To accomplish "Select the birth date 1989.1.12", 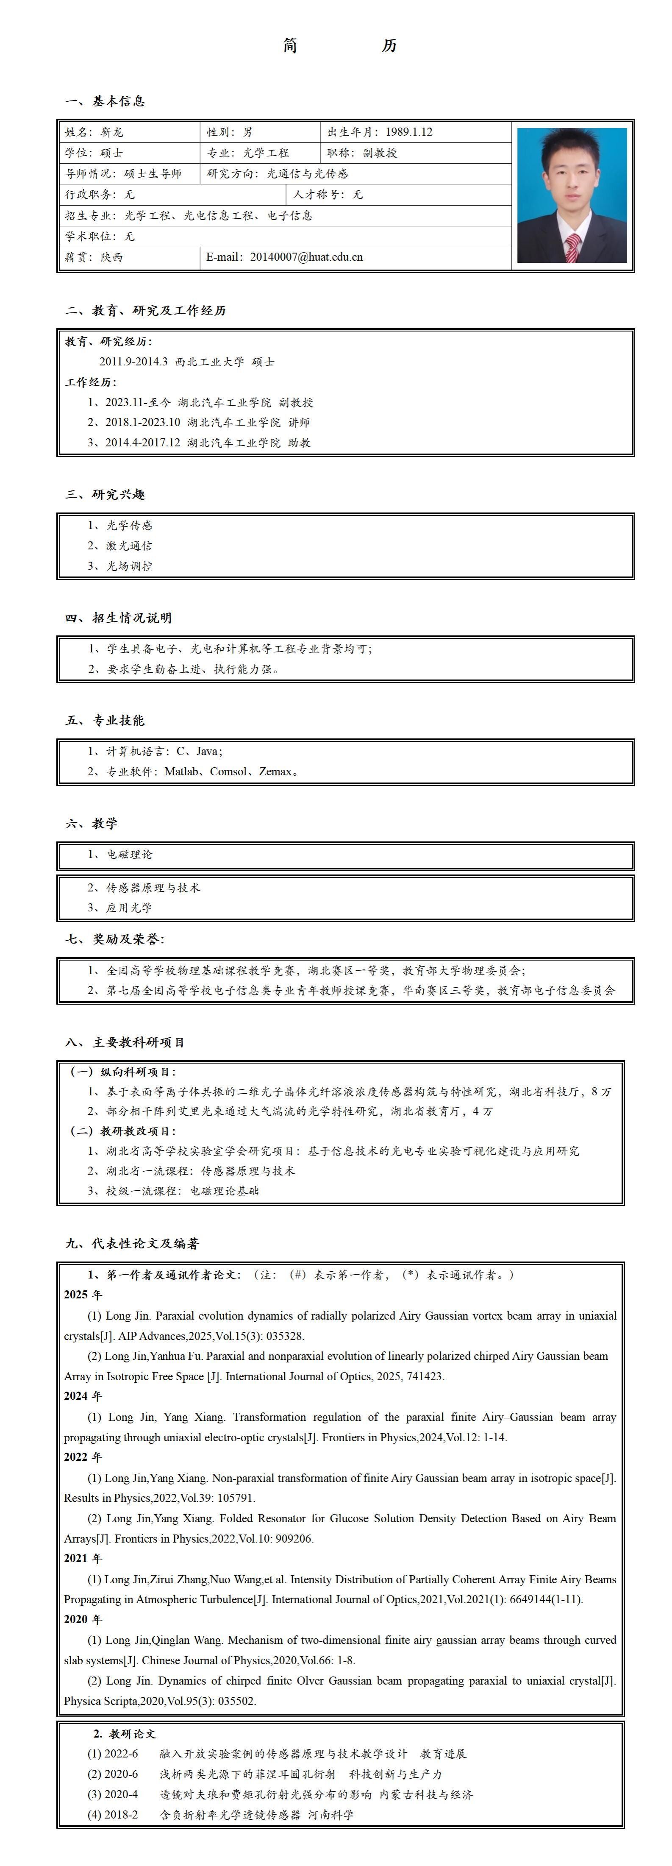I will point(409,132).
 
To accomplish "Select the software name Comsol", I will point(228,771).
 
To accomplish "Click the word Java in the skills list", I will point(207,751).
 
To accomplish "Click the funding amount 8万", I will point(601,1092).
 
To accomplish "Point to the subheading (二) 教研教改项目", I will point(123,1131).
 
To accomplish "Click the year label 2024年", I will point(83,1396).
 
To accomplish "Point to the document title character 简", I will point(290,46).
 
